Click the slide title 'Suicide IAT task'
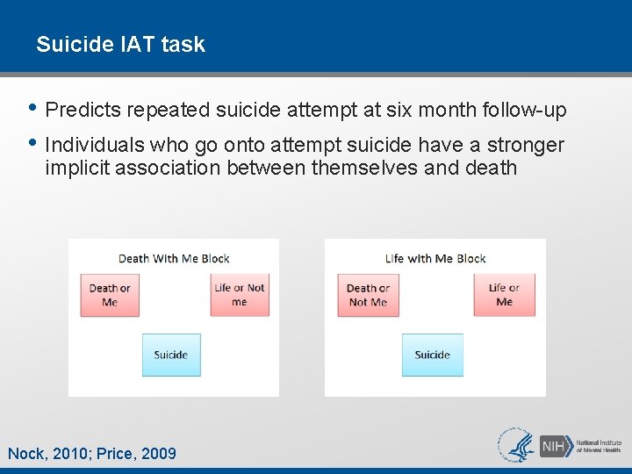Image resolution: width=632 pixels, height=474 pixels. (x=120, y=44)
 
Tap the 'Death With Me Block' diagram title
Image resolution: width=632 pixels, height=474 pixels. (x=174, y=258)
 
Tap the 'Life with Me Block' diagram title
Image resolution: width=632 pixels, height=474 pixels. (x=435, y=258)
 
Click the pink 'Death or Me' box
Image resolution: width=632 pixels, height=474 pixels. (x=110, y=295)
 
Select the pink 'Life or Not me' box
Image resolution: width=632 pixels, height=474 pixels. (x=240, y=295)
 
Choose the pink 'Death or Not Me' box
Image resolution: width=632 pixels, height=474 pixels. (x=368, y=295)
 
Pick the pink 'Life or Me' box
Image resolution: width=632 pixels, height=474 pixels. (x=504, y=295)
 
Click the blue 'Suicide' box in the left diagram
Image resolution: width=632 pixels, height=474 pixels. (x=171, y=355)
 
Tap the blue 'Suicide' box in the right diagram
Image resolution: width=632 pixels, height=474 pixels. (x=432, y=355)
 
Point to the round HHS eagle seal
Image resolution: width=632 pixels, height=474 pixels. (x=516, y=444)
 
